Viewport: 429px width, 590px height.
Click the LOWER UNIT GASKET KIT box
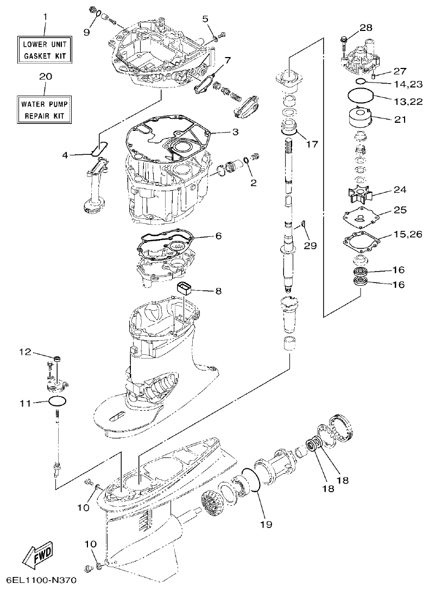coord(46,49)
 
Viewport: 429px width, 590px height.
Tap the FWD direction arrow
coord(38,553)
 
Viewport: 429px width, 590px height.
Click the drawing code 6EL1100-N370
coord(39,581)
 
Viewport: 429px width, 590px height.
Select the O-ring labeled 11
coord(58,401)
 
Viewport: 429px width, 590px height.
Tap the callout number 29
coord(310,246)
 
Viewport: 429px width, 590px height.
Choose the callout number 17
coord(312,145)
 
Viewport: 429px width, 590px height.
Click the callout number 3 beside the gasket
coord(235,132)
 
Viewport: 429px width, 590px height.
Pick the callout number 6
coord(218,236)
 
